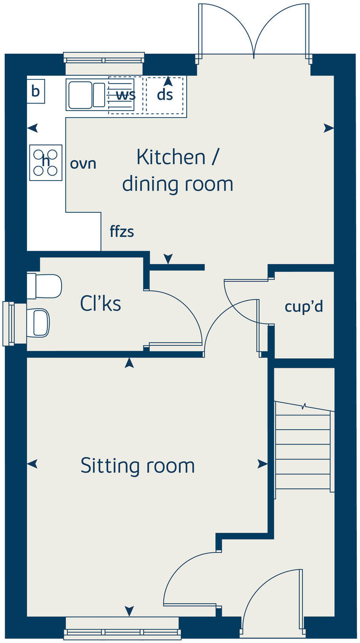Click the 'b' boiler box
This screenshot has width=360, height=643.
click(x=36, y=91)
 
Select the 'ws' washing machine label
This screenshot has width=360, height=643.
click(x=126, y=95)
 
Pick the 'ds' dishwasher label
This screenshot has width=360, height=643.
click(x=165, y=95)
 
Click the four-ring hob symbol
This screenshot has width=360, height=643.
click(x=46, y=162)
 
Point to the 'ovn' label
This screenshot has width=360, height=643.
click(x=83, y=164)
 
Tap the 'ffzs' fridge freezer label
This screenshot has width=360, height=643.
click(x=122, y=232)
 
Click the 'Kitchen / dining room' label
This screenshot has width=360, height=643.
click(x=178, y=170)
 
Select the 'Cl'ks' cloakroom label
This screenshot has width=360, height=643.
click(x=100, y=304)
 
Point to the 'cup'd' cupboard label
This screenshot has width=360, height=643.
click(x=304, y=306)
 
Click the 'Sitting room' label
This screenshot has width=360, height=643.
click(x=137, y=465)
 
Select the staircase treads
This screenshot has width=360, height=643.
click(x=303, y=452)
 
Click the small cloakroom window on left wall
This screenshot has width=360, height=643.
click(x=9, y=324)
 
